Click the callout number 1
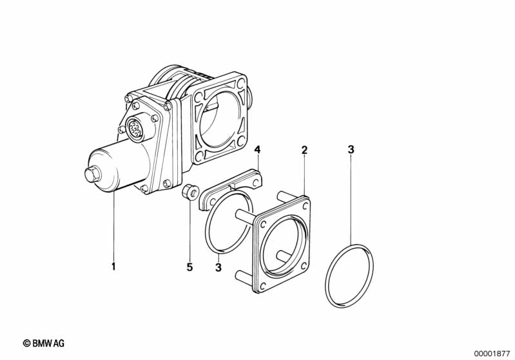coord(113,267)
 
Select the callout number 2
coord(304,150)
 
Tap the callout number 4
coord(257,150)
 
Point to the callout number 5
coord(189,267)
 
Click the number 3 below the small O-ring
coord(219,267)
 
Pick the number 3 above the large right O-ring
coord(351,150)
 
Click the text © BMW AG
coord(43,344)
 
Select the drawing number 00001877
coord(491,353)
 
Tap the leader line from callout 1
coord(113,225)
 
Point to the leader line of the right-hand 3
coord(351,200)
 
